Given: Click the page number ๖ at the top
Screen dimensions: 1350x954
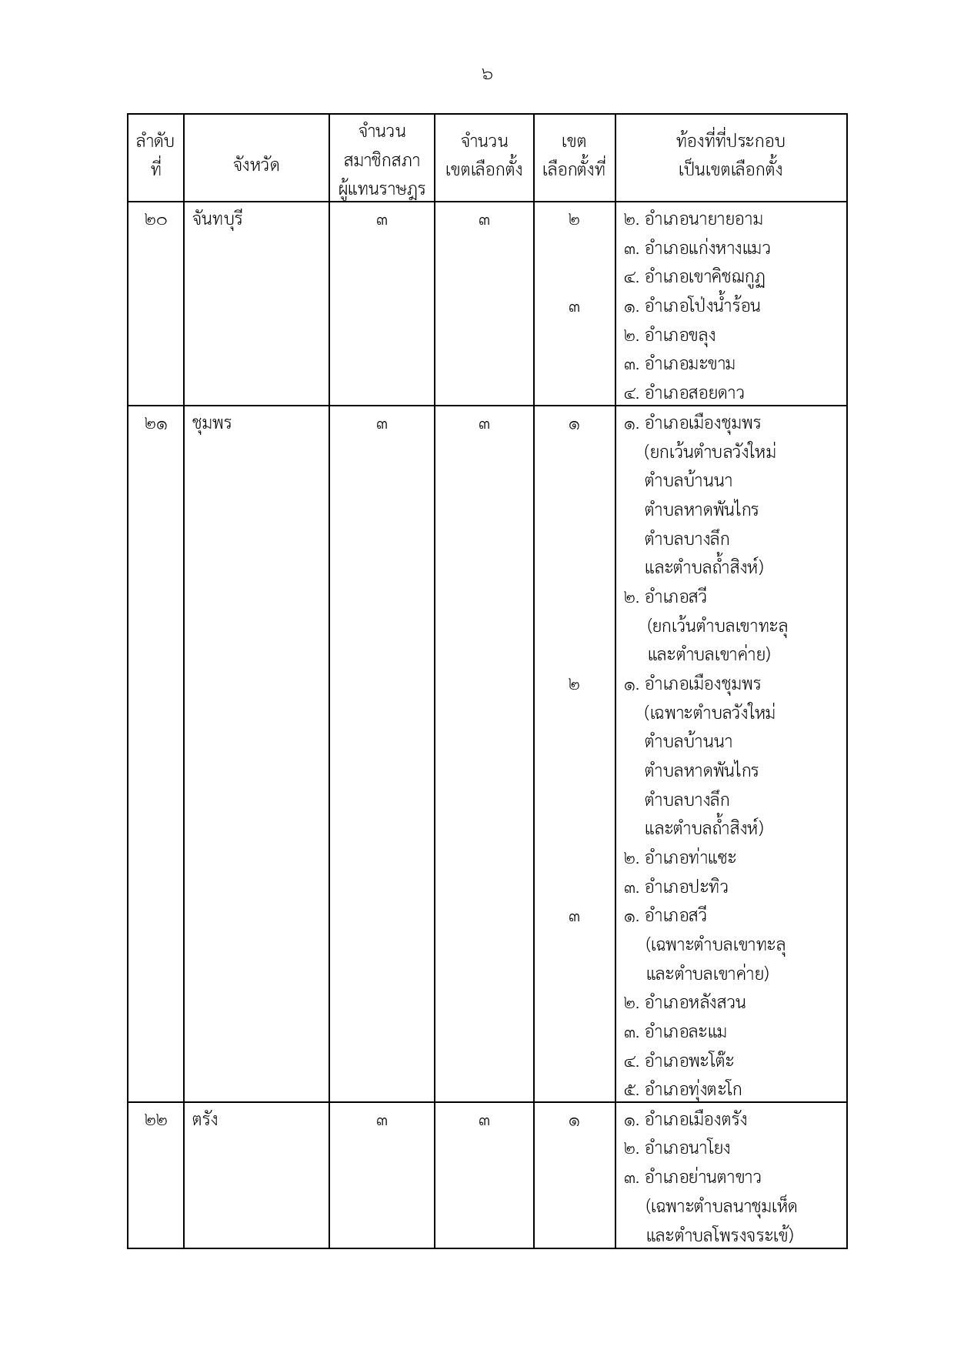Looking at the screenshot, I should pos(486,75).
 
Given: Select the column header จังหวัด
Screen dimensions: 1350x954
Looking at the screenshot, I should pos(256,165).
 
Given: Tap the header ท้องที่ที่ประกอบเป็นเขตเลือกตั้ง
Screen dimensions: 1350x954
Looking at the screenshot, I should pos(730,155).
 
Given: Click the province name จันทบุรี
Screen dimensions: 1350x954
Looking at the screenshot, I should pos(218,219).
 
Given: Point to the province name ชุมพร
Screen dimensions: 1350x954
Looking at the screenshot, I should pos(212,424).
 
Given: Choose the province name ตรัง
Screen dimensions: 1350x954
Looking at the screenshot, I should pos(205,1120).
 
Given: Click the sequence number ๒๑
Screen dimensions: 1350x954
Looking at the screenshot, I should pos(155,424).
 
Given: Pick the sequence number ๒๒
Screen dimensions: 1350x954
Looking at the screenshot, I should pos(155,1121).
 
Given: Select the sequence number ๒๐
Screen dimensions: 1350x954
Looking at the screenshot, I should pos(155,220).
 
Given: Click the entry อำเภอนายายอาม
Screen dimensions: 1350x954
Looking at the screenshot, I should pos(703,219).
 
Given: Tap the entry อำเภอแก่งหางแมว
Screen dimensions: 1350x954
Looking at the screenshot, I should pos(707,249).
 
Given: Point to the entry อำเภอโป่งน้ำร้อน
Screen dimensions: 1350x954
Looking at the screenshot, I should pos(702,306).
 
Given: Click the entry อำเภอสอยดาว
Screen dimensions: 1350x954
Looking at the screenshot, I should pos(694,393).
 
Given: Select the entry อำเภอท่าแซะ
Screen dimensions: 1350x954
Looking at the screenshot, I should pos(690,858).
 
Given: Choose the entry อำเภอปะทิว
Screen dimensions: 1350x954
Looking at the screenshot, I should pos(686,887).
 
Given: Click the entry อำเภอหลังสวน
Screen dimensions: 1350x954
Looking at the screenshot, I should pos(695,1003).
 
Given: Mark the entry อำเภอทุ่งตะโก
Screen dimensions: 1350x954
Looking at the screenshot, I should pos(692,1090).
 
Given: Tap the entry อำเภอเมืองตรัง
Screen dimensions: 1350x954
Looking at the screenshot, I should pos(695,1120).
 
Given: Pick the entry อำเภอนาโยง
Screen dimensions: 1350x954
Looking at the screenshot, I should pos(687,1148).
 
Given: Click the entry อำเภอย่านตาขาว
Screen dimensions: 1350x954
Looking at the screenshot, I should pos(702,1178).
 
